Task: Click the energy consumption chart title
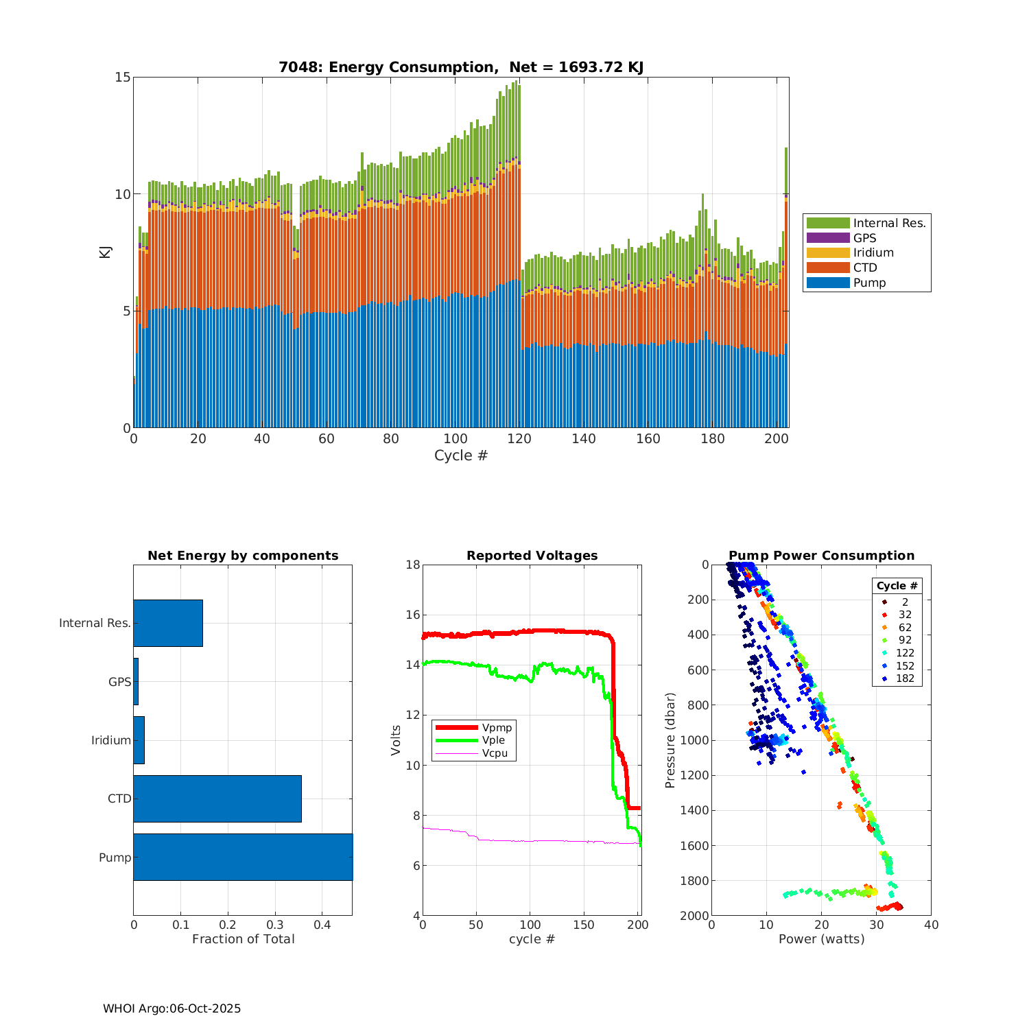461,67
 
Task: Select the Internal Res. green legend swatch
828,223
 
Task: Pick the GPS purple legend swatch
828,238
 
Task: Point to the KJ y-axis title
105,252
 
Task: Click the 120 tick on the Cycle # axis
519,439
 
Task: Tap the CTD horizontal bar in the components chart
217,799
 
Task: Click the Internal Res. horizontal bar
168,623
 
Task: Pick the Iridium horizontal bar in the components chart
139,740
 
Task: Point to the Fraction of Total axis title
243,939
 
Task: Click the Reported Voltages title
532,556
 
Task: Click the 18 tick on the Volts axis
412,565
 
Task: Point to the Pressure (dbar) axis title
670,740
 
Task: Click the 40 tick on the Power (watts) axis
931,925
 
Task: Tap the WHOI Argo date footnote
171,1008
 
